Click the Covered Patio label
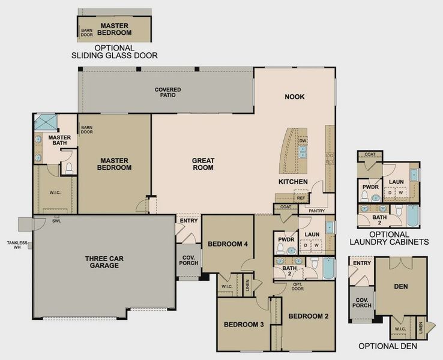coord(167,92)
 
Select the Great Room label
coord(203,164)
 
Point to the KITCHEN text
coord(293,182)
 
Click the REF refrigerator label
coord(300,198)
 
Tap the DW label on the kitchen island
coord(303,141)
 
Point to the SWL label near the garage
coord(57,221)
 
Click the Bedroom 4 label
coord(228,244)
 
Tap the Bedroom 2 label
coord(309,316)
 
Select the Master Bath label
coord(59,140)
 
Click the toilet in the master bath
coord(68,169)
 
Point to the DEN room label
coord(401,287)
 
